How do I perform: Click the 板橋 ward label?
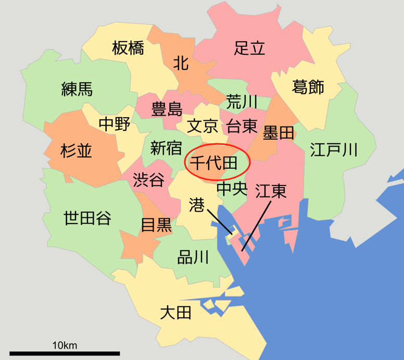[128, 48]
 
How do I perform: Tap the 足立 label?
[250, 48]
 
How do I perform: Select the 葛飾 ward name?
[308, 86]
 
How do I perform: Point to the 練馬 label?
[77, 89]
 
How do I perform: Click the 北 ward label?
[181, 64]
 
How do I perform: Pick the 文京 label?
[202, 126]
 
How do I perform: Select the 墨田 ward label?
[279, 133]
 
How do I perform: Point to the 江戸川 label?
[334, 151]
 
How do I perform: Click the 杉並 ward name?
[76, 151]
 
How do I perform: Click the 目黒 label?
[156, 225]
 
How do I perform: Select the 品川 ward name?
[193, 257]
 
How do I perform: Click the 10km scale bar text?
[65, 345]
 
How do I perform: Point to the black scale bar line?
[65, 354]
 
